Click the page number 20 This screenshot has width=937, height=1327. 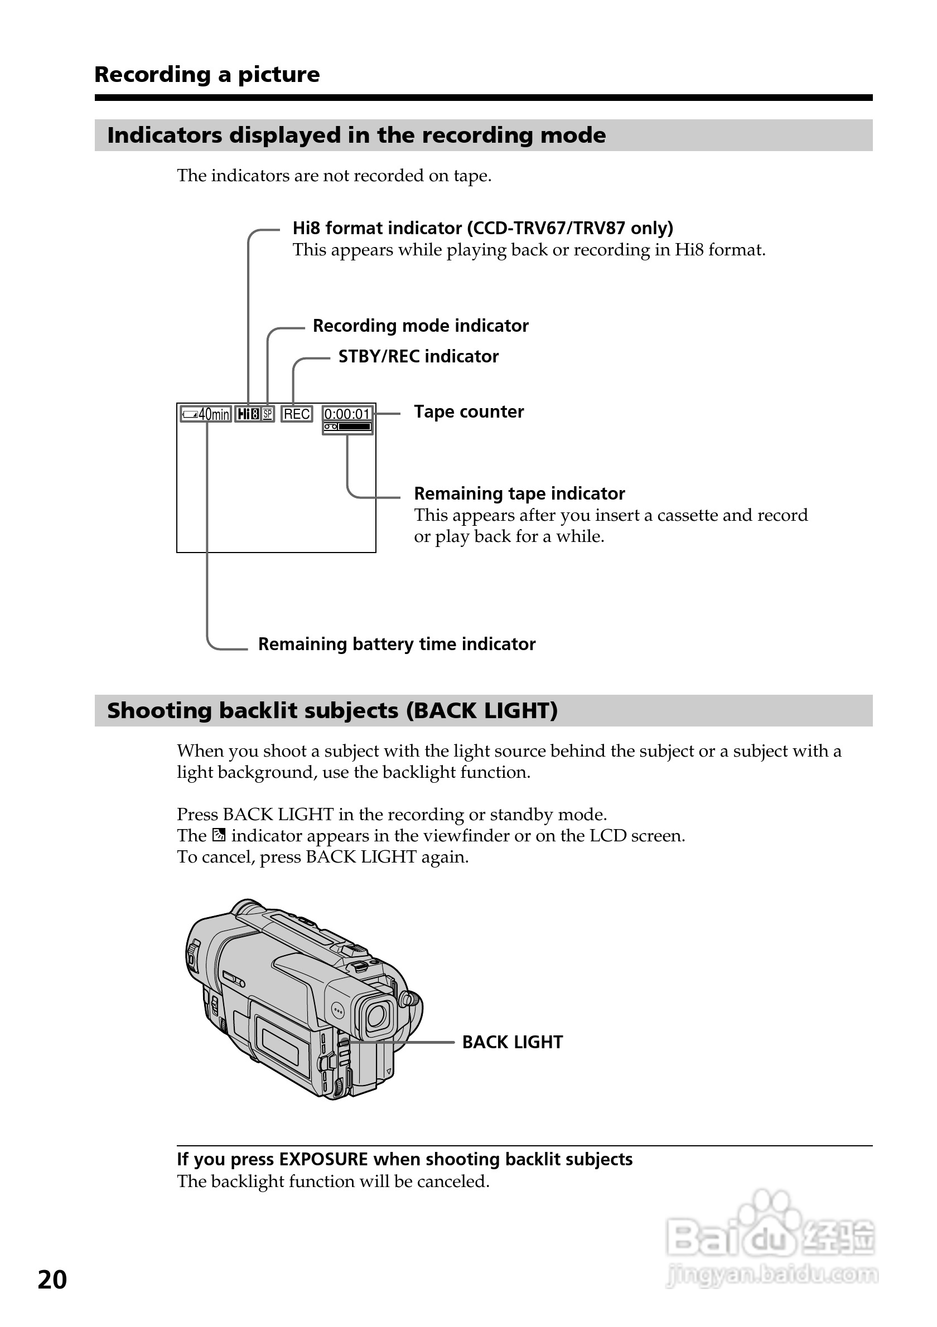[52, 1280]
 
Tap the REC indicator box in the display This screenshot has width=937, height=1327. [297, 414]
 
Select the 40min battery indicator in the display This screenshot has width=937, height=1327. [206, 414]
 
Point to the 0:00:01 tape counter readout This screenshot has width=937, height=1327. [347, 414]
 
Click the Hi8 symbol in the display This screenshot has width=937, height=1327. [248, 414]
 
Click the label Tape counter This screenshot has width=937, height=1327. [469, 411]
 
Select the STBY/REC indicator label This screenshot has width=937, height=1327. [418, 356]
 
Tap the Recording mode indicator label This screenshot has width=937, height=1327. [420, 326]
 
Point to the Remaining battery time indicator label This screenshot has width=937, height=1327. [397, 644]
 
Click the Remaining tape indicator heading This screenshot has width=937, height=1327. [519, 493]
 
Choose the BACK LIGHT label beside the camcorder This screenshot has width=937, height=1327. [512, 1042]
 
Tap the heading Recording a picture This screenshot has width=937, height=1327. [207, 75]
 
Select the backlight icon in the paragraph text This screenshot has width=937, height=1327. [219, 835]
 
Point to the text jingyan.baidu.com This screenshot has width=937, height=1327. [772, 1275]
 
